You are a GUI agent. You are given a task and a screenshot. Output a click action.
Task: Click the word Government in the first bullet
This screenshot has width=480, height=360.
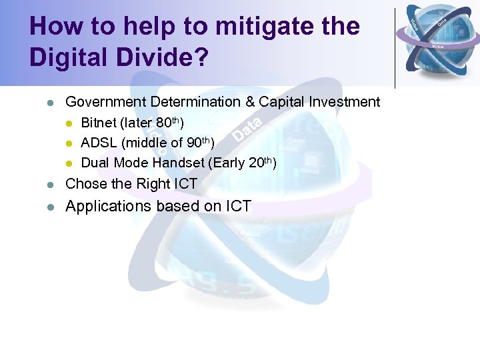tap(106, 102)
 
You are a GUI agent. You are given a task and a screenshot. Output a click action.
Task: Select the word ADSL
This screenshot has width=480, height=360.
tap(99, 143)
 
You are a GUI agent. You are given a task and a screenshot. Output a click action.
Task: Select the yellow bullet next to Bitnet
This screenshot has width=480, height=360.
tap(69, 124)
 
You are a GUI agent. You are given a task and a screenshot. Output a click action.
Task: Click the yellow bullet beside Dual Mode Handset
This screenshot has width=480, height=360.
tap(69, 163)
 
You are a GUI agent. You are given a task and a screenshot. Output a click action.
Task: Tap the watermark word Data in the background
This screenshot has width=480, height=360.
tap(247, 130)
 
